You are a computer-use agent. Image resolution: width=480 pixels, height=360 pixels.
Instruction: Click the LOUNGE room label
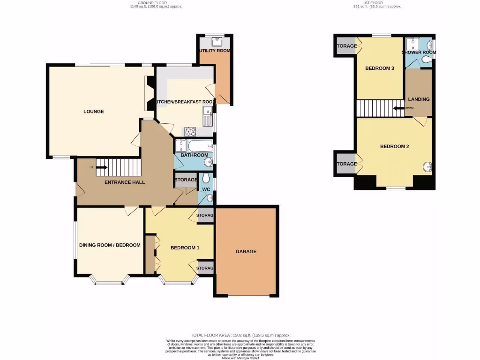93,112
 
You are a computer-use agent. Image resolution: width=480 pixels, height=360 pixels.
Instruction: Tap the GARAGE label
246,251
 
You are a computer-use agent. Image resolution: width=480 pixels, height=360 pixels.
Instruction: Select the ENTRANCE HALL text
125,182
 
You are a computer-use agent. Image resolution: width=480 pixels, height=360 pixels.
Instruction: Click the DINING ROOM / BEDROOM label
110,245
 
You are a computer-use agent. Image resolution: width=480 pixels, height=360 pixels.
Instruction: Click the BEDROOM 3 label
379,68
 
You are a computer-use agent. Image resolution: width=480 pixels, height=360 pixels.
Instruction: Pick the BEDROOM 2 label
394,146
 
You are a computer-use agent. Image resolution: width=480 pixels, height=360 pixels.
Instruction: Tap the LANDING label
419,99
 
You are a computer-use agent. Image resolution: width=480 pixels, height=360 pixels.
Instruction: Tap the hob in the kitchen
190,132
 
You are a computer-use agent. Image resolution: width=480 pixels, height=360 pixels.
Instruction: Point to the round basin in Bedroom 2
427,167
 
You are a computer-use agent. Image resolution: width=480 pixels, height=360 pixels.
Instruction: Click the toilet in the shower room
426,60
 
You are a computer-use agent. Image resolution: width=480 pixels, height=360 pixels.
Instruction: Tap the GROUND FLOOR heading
156,4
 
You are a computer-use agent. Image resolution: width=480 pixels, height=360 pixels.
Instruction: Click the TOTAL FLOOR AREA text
240,335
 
